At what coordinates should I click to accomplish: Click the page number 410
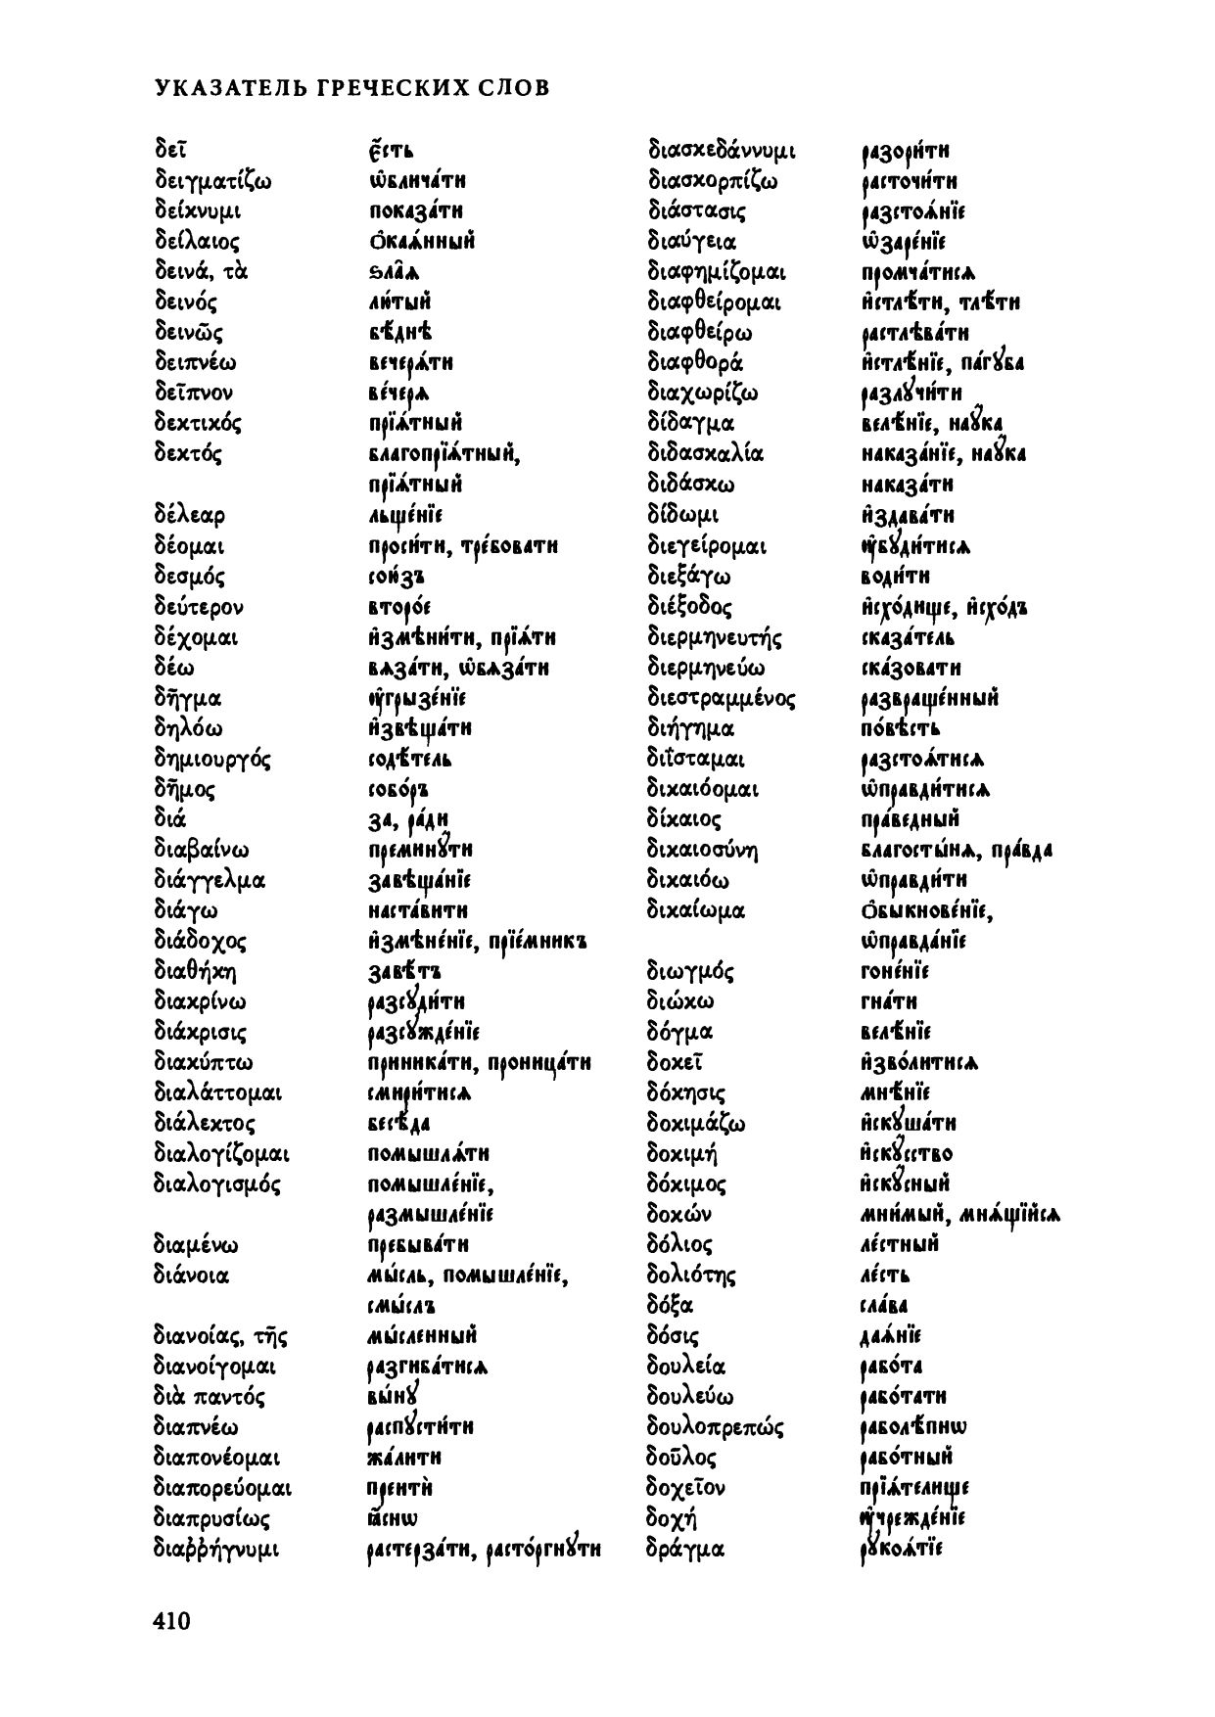click(171, 1621)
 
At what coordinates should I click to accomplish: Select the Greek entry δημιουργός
click(212, 760)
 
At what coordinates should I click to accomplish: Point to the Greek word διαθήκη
click(196, 972)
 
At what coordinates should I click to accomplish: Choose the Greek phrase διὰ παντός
click(210, 1397)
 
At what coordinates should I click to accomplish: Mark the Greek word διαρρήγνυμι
click(216, 1550)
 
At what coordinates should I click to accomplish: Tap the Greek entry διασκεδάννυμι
click(722, 152)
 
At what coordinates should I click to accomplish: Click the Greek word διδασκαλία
click(706, 454)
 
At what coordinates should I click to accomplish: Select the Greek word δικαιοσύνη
click(703, 850)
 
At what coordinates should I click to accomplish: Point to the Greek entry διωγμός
click(690, 972)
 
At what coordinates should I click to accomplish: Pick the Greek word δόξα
click(670, 1306)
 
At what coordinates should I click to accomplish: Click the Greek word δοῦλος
click(681, 1458)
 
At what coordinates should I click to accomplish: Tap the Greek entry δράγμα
click(685, 1550)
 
